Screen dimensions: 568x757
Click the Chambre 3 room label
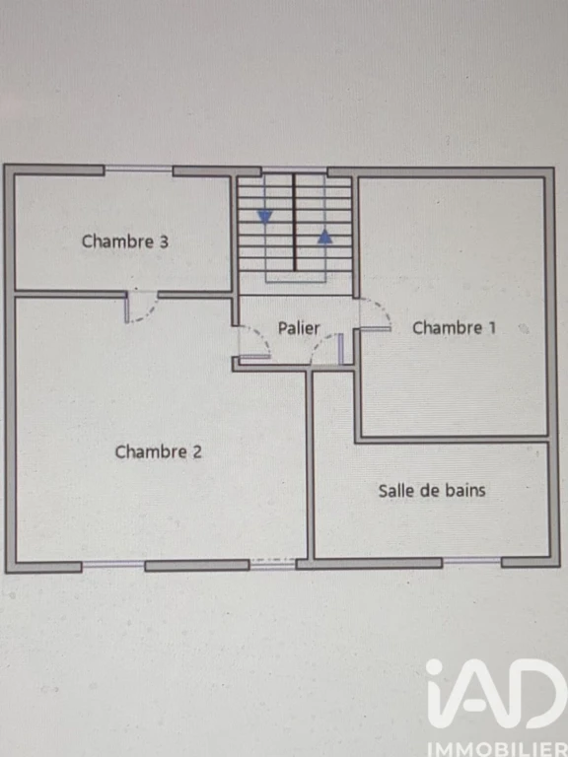pyautogui.click(x=124, y=241)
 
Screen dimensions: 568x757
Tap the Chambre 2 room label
pyautogui.click(x=158, y=451)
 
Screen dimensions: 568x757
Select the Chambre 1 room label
pyautogui.click(x=454, y=328)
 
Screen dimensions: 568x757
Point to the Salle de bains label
pyautogui.click(x=432, y=491)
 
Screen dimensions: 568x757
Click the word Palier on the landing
pyautogui.click(x=299, y=328)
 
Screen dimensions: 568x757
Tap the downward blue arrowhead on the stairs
pyautogui.click(x=264, y=217)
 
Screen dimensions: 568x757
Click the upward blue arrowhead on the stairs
pyautogui.click(x=325, y=237)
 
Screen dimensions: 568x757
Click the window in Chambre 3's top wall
pyautogui.click(x=139, y=169)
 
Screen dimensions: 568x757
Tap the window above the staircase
pyautogui.click(x=295, y=170)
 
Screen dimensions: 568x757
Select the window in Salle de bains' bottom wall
pyautogui.click(x=472, y=561)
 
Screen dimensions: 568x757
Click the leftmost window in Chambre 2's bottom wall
pyautogui.click(x=113, y=564)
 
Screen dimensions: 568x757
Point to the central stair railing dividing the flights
pyautogui.click(x=294, y=223)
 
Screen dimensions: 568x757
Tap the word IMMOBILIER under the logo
pyautogui.click(x=497, y=749)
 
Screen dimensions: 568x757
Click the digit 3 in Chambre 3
pyautogui.click(x=164, y=241)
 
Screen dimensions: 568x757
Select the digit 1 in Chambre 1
pyautogui.click(x=492, y=328)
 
